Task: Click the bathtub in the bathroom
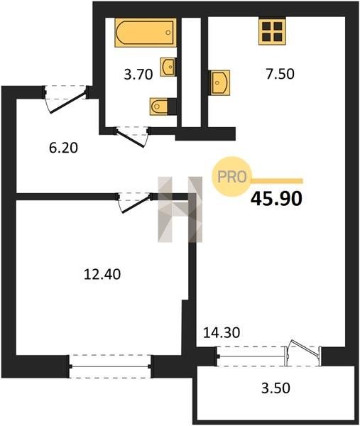[x=146, y=33]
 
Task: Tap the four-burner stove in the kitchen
[x=272, y=31]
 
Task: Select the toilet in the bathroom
[x=159, y=106]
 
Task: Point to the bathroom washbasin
[x=168, y=67]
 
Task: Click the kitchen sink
[x=220, y=82]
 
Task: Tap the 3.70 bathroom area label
[x=138, y=75]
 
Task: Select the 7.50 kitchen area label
[x=280, y=74]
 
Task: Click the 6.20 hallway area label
[x=64, y=148]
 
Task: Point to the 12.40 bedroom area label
[x=102, y=274]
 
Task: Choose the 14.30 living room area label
[x=222, y=332]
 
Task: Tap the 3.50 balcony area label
[x=276, y=388]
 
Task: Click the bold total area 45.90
[x=276, y=199]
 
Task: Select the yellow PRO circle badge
[x=231, y=177]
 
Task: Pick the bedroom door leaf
[x=136, y=204]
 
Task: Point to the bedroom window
[x=110, y=366]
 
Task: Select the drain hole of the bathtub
[x=168, y=33]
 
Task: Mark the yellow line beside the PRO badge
[x=277, y=181]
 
